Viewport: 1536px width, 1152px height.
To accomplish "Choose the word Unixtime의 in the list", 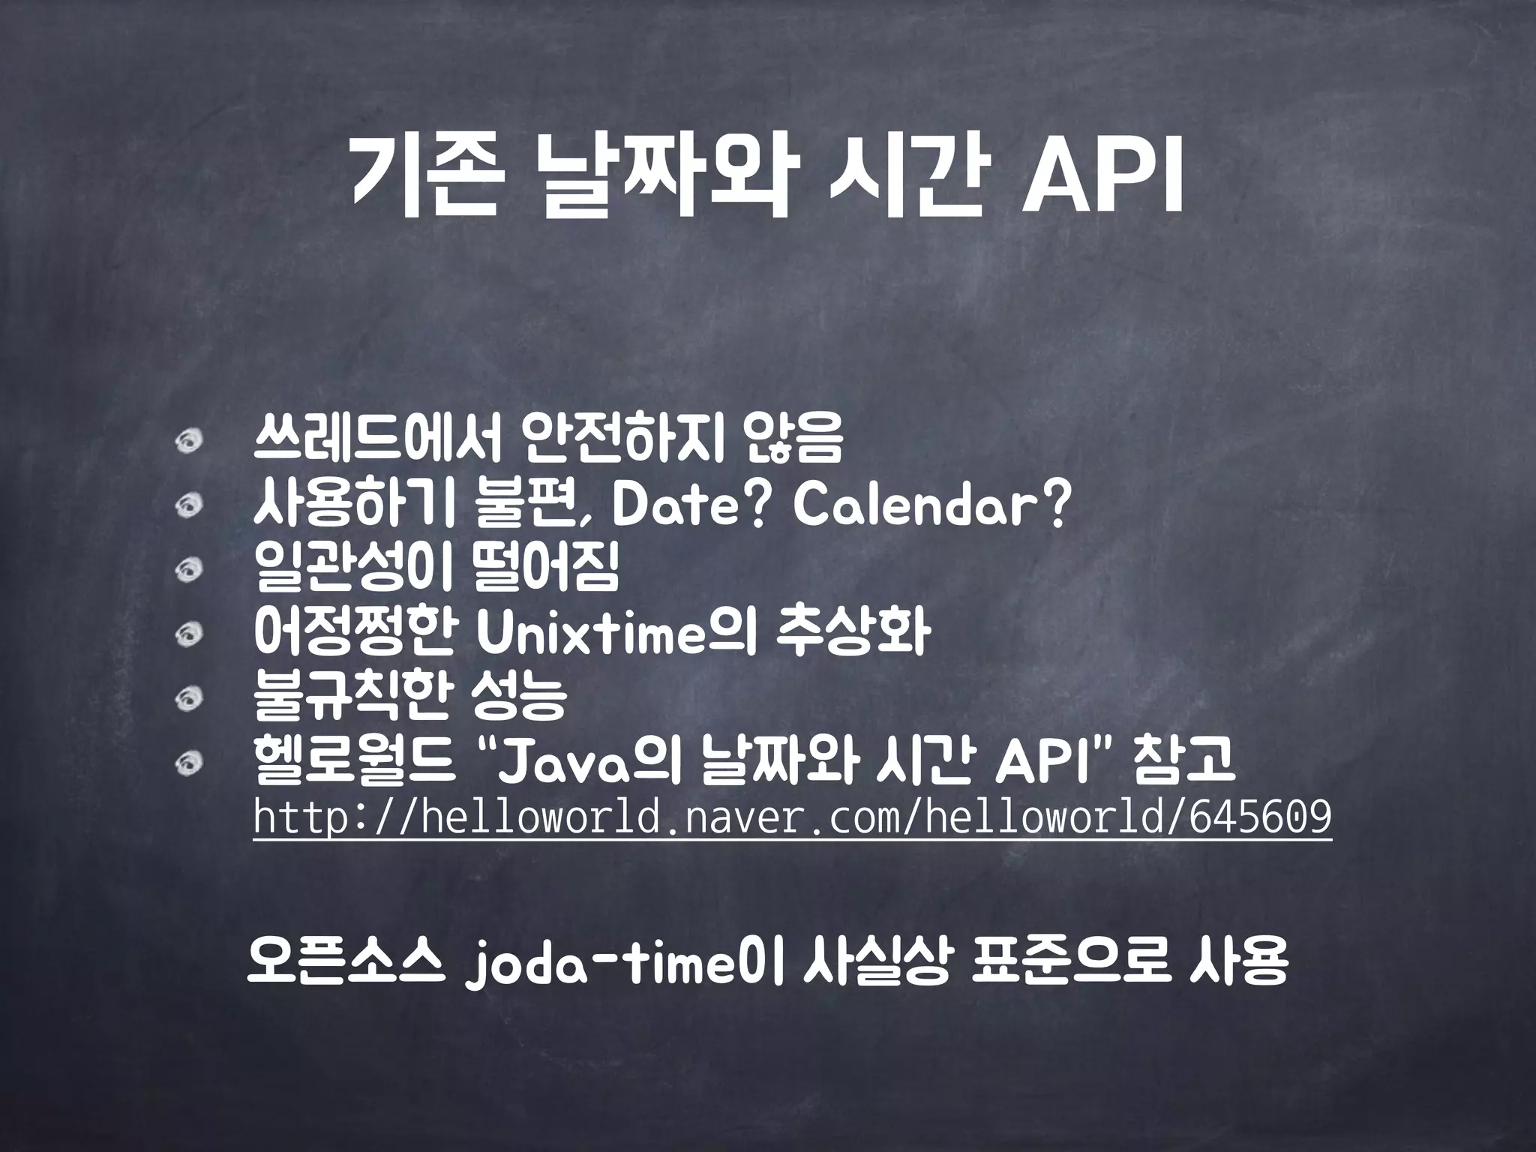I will tap(616, 634).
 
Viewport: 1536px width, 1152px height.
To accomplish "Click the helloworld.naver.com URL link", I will tap(792, 818).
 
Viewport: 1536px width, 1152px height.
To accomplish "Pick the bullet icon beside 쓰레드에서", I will tap(190, 443).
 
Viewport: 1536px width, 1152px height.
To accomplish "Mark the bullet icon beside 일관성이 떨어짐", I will tap(190, 571).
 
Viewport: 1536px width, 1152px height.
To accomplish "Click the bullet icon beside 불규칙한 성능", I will tap(190, 700).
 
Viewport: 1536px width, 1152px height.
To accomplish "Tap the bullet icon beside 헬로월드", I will tap(190, 763).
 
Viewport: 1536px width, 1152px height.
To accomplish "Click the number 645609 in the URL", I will tap(1261, 818).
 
